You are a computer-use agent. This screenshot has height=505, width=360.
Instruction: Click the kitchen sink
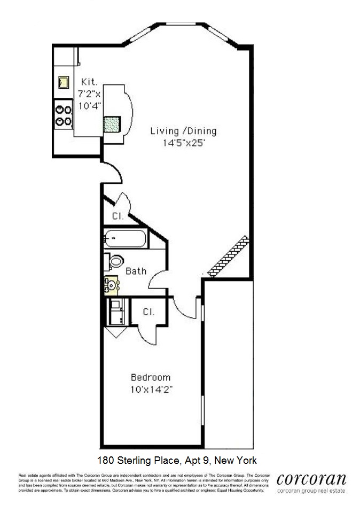[64, 82]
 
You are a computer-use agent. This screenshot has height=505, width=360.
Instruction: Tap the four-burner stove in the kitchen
[64, 115]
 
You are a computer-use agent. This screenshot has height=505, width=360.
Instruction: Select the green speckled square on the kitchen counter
[112, 124]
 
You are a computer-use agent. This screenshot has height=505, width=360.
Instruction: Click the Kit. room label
[89, 82]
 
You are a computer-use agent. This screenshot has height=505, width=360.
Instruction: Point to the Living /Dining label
[183, 131]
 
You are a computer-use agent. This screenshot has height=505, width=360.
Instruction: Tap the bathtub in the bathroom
[125, 238]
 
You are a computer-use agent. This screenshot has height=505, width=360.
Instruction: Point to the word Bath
[136, 271]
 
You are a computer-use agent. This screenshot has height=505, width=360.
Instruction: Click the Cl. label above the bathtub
[118, 216]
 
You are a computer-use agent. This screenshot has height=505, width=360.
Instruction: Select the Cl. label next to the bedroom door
[149, 312]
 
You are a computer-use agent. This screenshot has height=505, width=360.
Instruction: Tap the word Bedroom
[151, 377]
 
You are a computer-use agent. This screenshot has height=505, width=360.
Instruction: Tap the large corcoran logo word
[311, 479]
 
